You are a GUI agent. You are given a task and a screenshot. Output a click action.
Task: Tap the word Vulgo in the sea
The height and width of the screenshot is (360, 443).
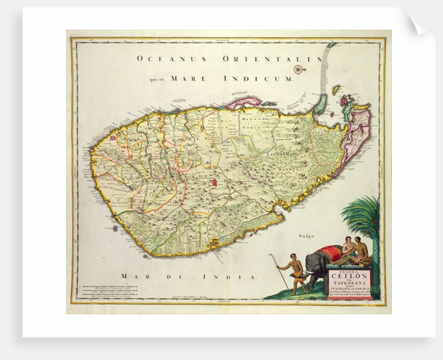click(x=307, y=236)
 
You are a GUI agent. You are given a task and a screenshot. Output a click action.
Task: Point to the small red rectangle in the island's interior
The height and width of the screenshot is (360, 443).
click(x=215, y=183)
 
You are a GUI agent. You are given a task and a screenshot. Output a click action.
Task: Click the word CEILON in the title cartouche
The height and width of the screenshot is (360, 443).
click(x=348, y=277)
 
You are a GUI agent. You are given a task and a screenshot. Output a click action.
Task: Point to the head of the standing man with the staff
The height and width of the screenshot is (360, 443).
click(x=296, y=257)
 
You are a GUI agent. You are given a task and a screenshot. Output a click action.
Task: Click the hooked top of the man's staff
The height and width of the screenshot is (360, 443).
click(x=272, y=256)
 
